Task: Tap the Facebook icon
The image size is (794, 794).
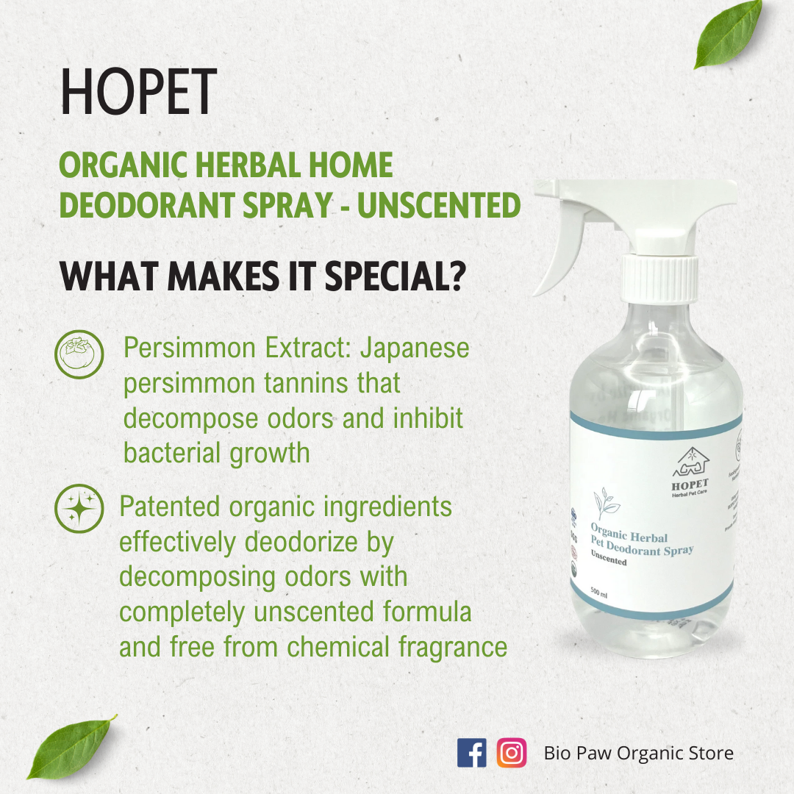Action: point(471,753)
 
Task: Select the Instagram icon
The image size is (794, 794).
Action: point(512,753)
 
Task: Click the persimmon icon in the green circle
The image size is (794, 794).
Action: point(79,354)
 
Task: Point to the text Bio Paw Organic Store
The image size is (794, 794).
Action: point(638,753)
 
